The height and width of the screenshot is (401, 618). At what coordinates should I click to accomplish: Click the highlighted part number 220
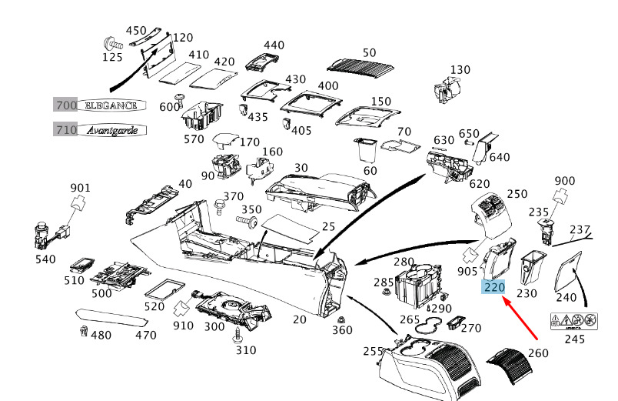tap(494, 287)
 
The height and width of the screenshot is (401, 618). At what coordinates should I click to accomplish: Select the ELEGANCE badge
tap(110, 105)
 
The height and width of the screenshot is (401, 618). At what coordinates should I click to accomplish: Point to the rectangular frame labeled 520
tap(164, 289)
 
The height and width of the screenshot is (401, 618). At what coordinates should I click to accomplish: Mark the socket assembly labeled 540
tap(44, 233)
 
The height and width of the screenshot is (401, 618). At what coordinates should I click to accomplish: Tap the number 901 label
tap(80, 188)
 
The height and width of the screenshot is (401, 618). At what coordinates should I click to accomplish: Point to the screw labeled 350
tap(248, 222)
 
